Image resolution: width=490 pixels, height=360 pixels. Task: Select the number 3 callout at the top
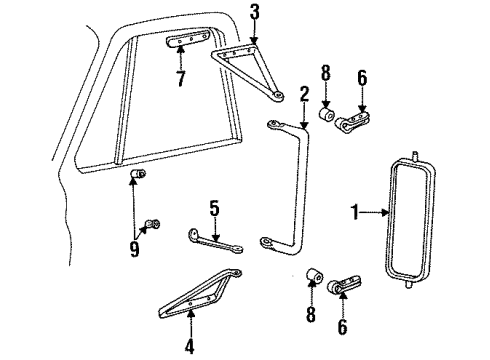(x=254, y=12)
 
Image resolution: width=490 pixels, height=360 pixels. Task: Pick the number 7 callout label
(x=180, y=78)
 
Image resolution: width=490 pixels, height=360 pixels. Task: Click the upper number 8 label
(x=325, y=74)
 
